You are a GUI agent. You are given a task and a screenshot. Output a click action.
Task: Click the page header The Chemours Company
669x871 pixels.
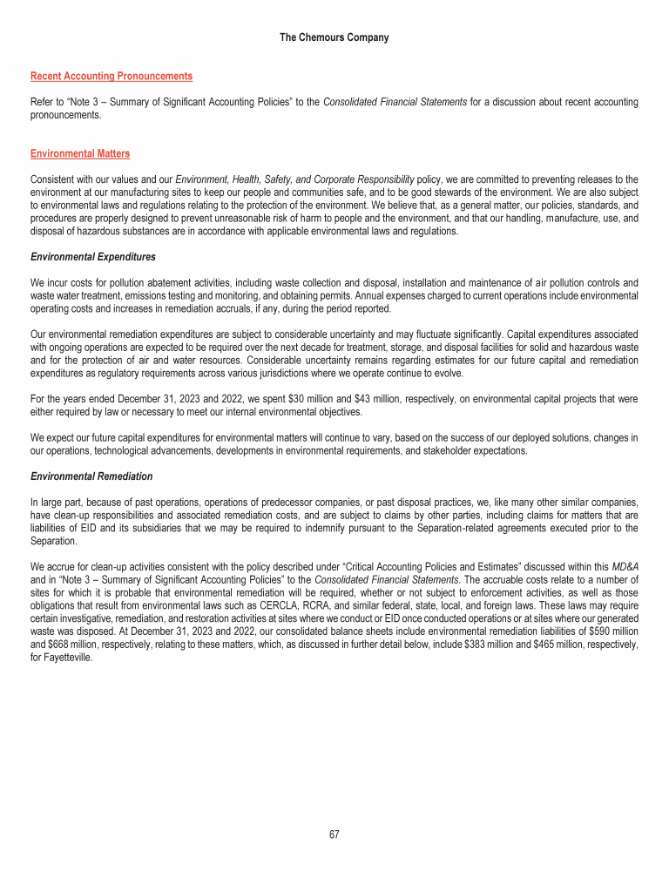(334, 37)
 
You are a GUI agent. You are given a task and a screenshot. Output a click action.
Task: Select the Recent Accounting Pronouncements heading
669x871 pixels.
(111, 77)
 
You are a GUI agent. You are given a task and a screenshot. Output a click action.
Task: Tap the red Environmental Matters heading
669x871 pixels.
(80, 154)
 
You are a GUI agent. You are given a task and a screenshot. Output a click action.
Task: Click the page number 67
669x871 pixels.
(334, 834)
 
